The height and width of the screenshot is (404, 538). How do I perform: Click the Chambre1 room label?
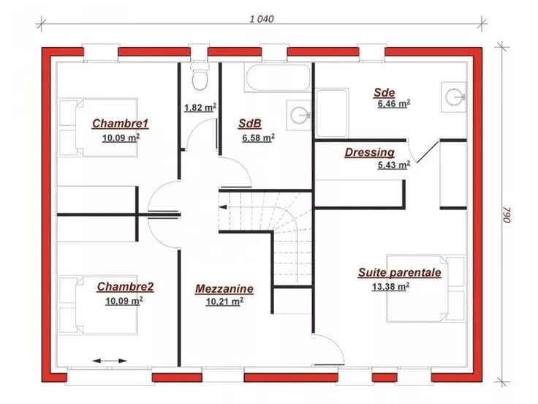click(120, 124)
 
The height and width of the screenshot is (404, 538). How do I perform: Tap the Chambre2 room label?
click(125, 286)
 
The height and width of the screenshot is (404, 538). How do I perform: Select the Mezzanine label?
click(224, 288)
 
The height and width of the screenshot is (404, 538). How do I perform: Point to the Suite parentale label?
click(400, 272)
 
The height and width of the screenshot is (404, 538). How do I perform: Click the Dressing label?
click(370, 152)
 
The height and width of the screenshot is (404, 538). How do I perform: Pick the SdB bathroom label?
click(250, 124)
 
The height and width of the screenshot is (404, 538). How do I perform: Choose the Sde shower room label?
click(384, 92)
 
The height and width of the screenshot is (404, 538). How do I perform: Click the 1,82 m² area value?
click(200, 108)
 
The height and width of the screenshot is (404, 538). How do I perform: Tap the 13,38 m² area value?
click(390, 286)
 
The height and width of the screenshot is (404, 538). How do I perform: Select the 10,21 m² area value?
click(224, 302)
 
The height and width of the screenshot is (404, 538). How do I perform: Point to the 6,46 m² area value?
click(394, 103)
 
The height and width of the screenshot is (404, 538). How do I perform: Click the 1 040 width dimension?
click(262, 19)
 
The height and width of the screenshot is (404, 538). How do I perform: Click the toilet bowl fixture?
click(200, 78)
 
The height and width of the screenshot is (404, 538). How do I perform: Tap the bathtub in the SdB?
click(277, 78)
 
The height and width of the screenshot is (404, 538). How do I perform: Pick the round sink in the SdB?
click(299, 115)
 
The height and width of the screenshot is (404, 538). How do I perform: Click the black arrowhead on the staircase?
click(223, 207)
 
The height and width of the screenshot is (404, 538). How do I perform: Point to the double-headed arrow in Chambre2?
click(110, 361)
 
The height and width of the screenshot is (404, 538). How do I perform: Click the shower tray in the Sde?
click(332, 113)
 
